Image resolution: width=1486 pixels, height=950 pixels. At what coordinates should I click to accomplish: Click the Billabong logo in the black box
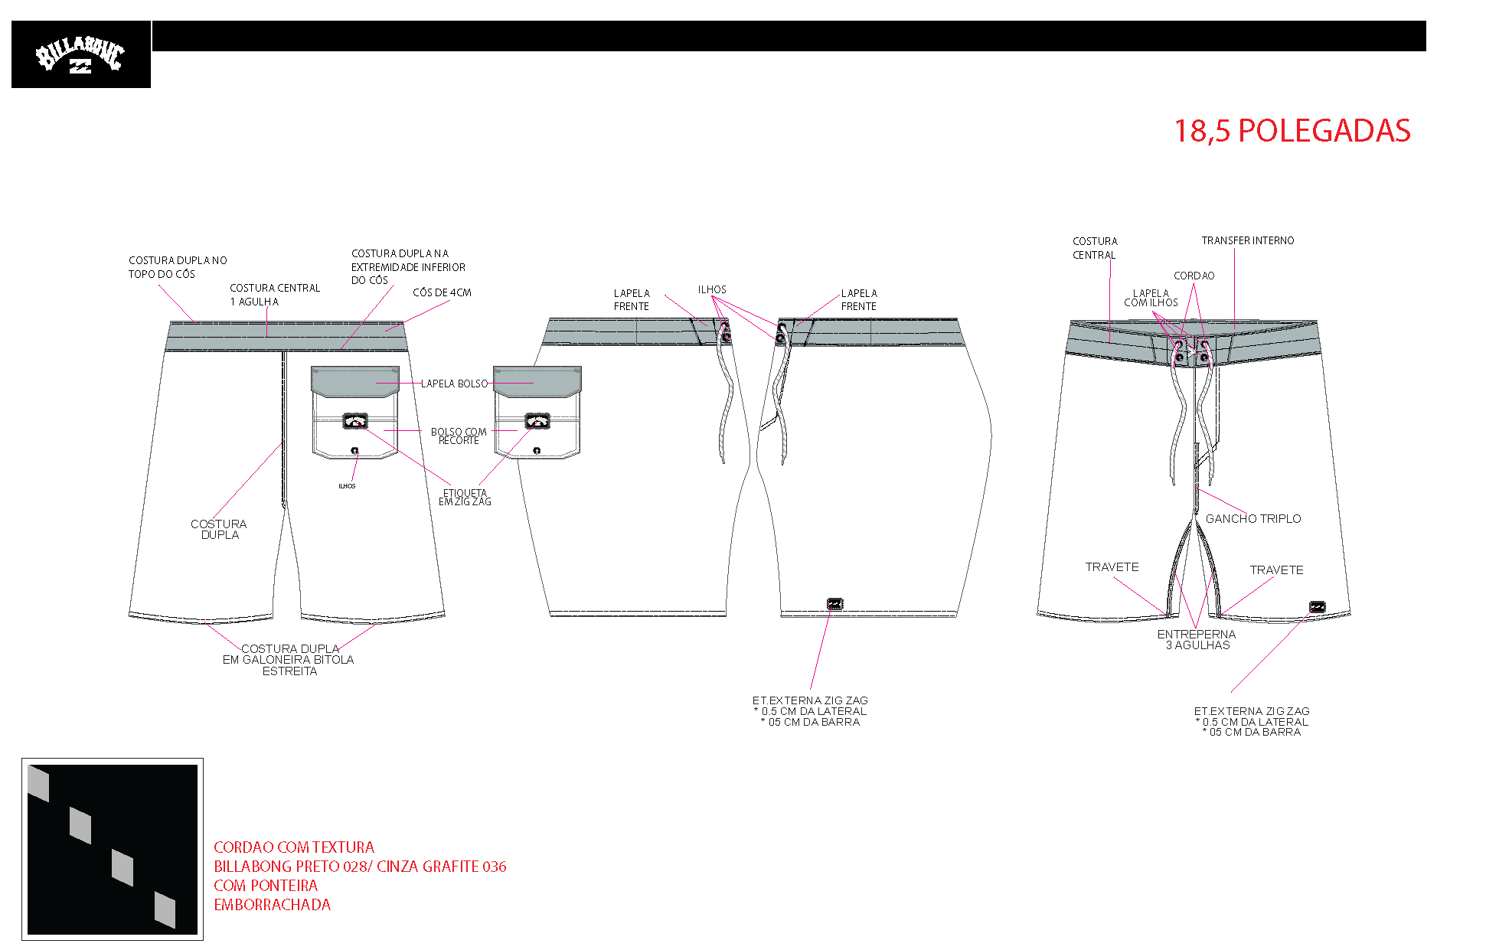click(x=80, y=55)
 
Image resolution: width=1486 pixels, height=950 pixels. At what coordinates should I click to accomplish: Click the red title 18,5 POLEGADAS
click(x=1292, y=131)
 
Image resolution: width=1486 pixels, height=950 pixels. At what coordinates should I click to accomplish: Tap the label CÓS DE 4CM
click(x=442, y=292)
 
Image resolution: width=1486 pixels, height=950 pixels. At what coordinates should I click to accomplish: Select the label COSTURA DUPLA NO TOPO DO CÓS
click(x=178, y=267)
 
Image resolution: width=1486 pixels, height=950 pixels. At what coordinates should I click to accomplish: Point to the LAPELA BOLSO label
click(x=454, y=384)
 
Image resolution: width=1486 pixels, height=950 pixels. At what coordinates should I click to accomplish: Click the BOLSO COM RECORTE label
click(x=459, y=436)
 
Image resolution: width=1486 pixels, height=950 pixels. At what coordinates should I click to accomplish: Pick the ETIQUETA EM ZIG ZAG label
click(x=465, y=498)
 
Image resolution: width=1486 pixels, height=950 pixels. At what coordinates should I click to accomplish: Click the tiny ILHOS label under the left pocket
click(x=347, y=486)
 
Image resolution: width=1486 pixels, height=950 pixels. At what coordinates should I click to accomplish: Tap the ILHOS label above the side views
click(x=712, y=289)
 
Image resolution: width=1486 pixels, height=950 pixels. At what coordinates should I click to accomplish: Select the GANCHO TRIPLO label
click(x=1253, y=519)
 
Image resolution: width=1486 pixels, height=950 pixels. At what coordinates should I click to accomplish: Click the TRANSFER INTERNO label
click(x=1248, y=240)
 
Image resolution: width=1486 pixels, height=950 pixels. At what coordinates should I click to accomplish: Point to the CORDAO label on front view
click(x=1194, y=276)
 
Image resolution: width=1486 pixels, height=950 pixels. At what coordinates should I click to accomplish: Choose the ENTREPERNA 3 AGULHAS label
click(x=1197, y=639)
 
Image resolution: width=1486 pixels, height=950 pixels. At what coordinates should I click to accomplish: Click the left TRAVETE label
click(x=1112, y=567)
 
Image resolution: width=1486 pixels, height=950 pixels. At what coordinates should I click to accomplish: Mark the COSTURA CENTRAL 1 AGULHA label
click(x=275, y=295)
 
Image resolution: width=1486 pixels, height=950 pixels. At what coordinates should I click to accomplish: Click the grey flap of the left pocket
click(x=355, y=381)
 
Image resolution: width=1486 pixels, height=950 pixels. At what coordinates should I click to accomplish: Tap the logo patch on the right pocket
click(x=537, y=420)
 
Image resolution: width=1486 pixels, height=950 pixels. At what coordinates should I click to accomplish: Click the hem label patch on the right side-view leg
click(x=835, y=604)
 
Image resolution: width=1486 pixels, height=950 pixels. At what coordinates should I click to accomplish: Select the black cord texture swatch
click(x=113, y=850)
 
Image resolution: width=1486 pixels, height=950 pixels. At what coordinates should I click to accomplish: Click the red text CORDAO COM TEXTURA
click(x=294, y=847)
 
